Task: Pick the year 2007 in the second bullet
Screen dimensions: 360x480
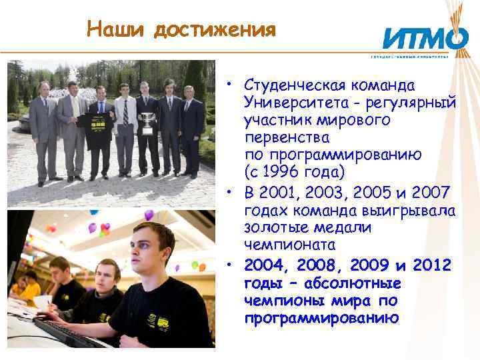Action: click(x=429, y=193)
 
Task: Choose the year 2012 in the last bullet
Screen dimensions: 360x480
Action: click(x=432, y=266)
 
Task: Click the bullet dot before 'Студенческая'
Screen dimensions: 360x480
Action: click(x=228, y=85)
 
